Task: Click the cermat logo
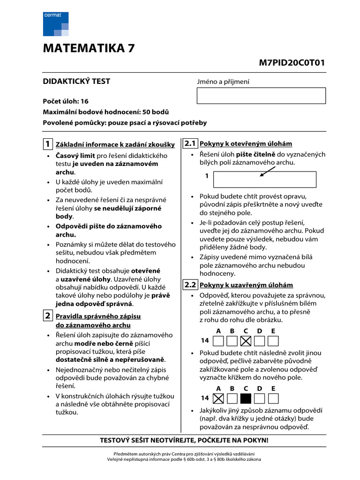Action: tap(56, 24)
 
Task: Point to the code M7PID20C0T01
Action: tap(292, 63)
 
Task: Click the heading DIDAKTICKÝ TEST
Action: tap(76, 81)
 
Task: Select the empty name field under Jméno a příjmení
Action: tap(261, 95)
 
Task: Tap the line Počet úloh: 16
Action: tap(66, 101)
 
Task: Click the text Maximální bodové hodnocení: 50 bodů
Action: tap(106, 112)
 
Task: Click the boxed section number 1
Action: tap(48, 143)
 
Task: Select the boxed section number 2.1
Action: tap(190, 143)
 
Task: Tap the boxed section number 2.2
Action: tap(190, 285)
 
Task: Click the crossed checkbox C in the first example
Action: tap(246, 341)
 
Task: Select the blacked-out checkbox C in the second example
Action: tap(246, 398)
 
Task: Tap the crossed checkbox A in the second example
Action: tap(218, 398)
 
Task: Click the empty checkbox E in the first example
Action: tap(273, 341)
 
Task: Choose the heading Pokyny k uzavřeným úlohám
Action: tap(246, 285)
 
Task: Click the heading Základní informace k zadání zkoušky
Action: tap(115, 144)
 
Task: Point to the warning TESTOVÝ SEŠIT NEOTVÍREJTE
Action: tap(184, 441)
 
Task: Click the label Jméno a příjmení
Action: tap(223, 82)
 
